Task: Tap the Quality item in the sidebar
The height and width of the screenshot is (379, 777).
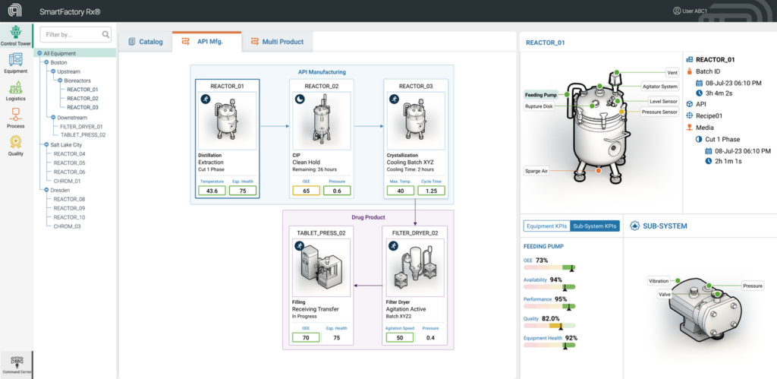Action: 15,144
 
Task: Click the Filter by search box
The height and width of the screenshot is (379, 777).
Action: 70,34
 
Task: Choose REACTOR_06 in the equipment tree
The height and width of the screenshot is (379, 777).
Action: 69,172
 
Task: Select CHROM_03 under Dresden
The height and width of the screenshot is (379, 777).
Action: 67,226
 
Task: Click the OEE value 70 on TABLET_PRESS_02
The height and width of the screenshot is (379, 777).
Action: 305,337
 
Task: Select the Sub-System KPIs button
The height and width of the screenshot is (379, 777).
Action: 595,226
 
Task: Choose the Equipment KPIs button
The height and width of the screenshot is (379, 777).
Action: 546,226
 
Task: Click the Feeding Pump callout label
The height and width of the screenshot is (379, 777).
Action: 541,96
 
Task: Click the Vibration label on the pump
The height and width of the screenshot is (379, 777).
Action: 658,281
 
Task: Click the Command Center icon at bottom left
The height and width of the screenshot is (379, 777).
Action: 16,363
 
